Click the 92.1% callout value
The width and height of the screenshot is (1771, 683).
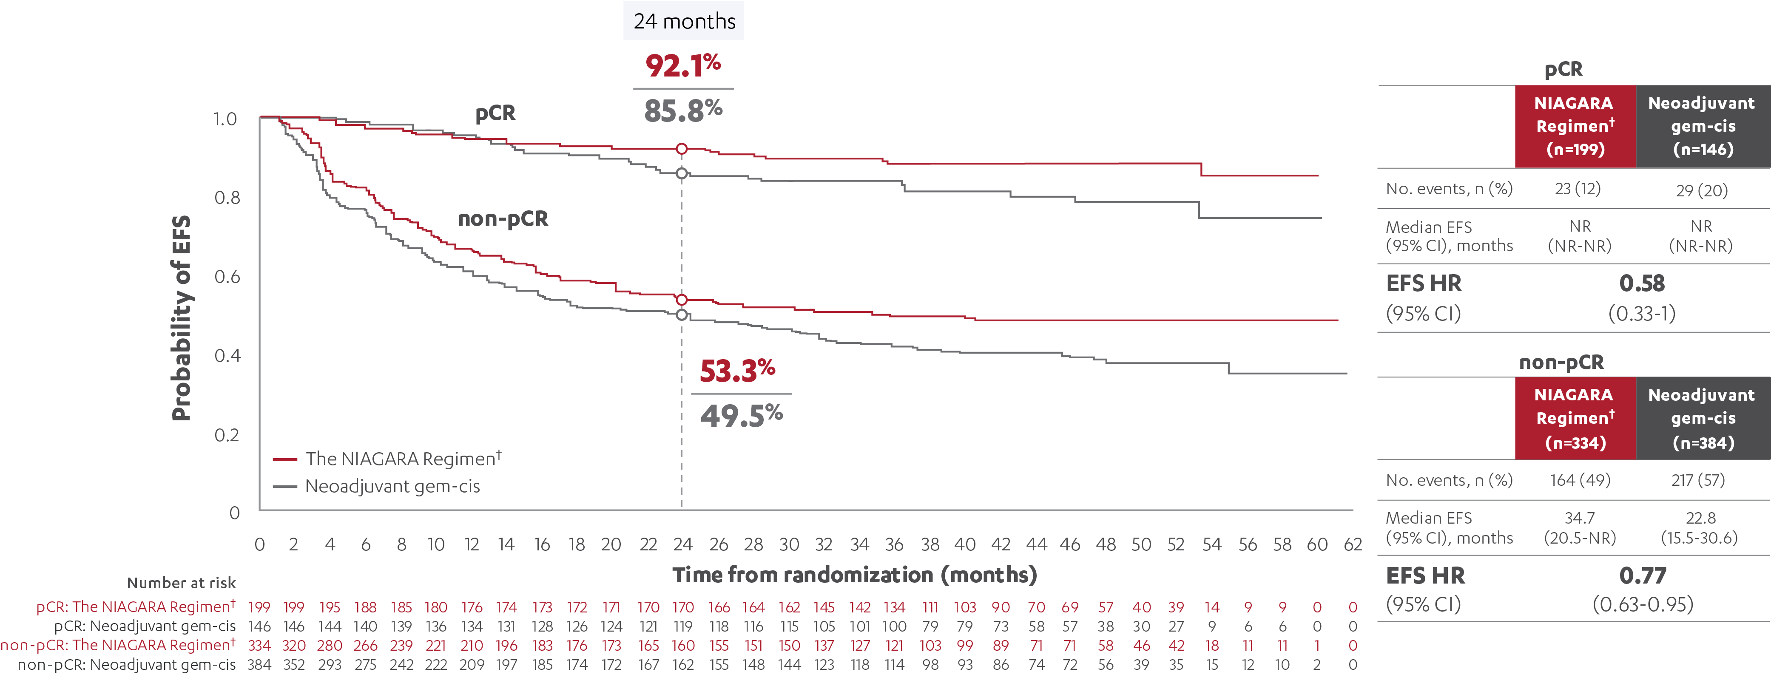pos(683,66)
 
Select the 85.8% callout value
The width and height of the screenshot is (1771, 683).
pos(683,111)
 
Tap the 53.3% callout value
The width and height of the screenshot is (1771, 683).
pos(737,371)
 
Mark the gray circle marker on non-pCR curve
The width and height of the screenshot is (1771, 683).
pos(681,315)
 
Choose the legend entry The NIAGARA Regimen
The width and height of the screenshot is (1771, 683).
pos(403,458)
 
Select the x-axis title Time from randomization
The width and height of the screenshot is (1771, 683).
pos(854,575)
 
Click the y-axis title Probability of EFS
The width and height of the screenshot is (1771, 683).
pos(181,317)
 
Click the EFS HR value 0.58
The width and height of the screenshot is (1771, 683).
pos(1642,283)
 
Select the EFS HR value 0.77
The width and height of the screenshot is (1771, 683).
pos(1642,575)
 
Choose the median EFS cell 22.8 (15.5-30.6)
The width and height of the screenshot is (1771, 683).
pos(1700,528)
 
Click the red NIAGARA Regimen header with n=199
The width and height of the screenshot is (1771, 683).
pos(1575,126)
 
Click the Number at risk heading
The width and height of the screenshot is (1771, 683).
pos(181,583)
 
